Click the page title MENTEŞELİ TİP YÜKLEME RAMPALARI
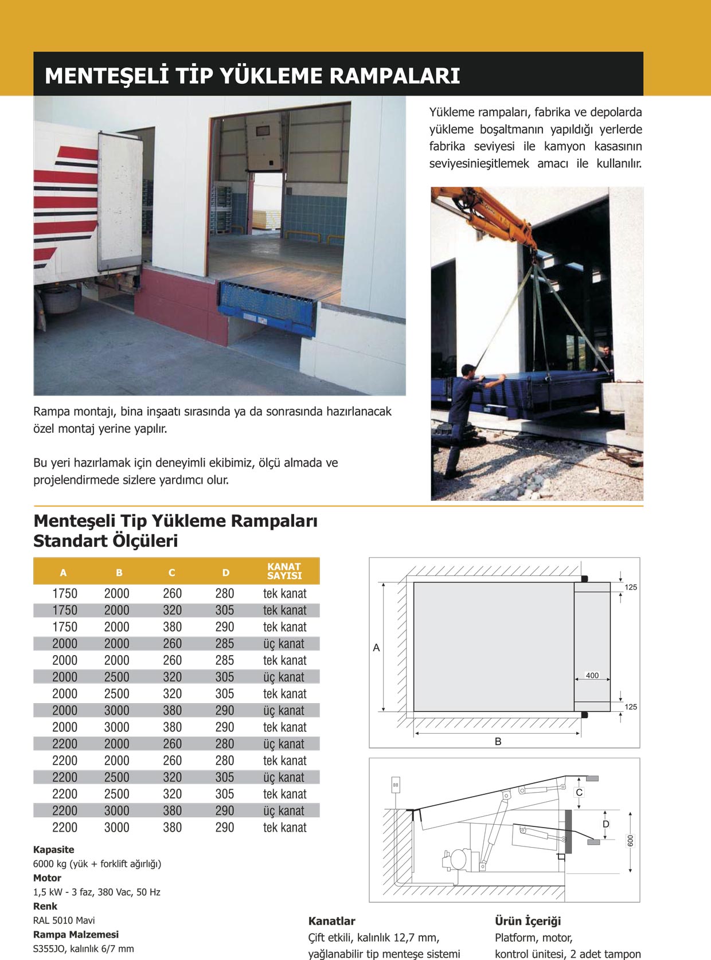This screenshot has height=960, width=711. (252, 76)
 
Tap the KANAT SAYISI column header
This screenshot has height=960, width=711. (284, 571)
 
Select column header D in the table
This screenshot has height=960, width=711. (225, 573)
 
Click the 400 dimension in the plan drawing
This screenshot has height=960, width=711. (592, 676)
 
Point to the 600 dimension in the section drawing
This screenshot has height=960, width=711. (630, 841)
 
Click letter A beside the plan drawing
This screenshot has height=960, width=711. (376, 648)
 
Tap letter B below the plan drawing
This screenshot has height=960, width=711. (498, 742)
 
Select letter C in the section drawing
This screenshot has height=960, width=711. (579, 793)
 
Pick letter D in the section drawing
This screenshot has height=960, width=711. (605, 824)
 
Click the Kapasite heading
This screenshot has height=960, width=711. (53, 849)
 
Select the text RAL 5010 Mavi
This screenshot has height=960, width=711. (64, 920)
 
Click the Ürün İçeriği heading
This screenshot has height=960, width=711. (528, 921)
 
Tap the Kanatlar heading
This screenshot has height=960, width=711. (331, 921)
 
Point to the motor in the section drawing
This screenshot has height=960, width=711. (459, 859)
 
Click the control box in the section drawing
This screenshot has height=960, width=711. (396, 785)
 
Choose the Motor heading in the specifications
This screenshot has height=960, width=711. (47, 877)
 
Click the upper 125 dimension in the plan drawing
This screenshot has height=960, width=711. (631, 587)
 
